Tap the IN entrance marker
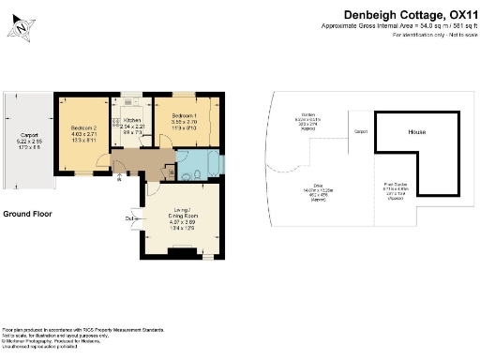118,182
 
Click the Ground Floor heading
27,214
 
